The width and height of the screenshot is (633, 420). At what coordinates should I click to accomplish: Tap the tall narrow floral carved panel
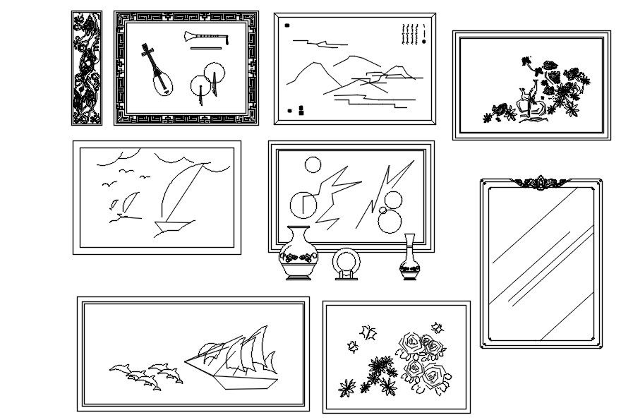tap(86, 68)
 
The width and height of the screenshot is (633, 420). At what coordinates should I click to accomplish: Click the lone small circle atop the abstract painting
tap(312, 166)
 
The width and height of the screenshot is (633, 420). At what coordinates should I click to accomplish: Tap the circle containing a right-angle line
tap(304, 204)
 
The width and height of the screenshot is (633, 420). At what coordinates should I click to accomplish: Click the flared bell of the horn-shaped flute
tap(188, 37)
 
